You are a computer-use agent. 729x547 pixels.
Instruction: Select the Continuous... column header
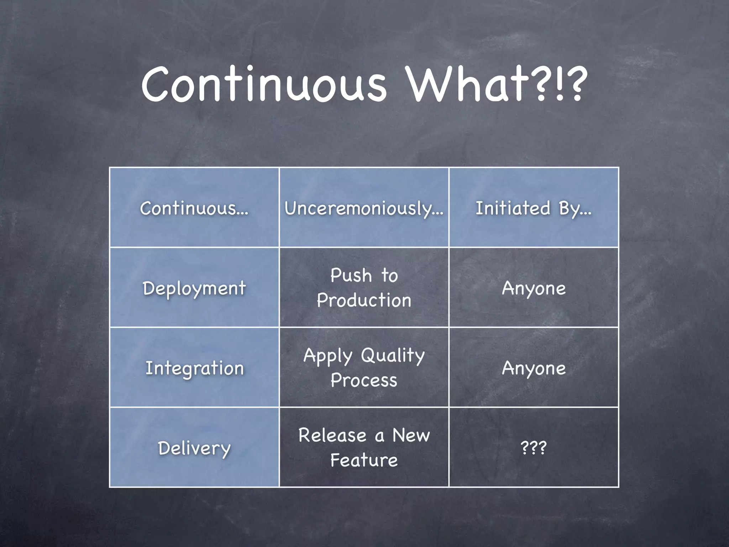click(194, 208)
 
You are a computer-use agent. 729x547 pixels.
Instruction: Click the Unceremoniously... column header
click(364, 208)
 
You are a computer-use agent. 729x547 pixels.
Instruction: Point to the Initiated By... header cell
click(533, 208)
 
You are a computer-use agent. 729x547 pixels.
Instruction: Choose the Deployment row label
click(194, 288)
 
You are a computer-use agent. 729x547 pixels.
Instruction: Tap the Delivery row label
click(194, 448)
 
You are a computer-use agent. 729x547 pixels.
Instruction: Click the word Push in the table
click(351, 275)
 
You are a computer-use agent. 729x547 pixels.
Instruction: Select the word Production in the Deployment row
click(364, 300)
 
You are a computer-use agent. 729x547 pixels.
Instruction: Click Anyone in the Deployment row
click(534, 288)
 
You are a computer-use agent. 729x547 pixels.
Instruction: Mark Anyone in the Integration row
click(534, 368)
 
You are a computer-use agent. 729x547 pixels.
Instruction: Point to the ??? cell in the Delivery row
click(533, 448)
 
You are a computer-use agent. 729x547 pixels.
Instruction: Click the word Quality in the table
click(393, 356)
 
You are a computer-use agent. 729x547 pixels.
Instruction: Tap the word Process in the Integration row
click(364, 380)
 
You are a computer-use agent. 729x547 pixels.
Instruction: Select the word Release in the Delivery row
click(332, 436)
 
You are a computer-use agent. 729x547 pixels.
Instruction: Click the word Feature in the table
click(364, 460)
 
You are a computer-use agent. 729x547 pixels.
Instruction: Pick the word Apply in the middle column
click(328, 356)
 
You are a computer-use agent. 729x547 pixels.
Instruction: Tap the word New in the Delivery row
click(411, 436)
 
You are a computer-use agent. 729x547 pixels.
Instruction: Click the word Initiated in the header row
click(513, 208)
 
